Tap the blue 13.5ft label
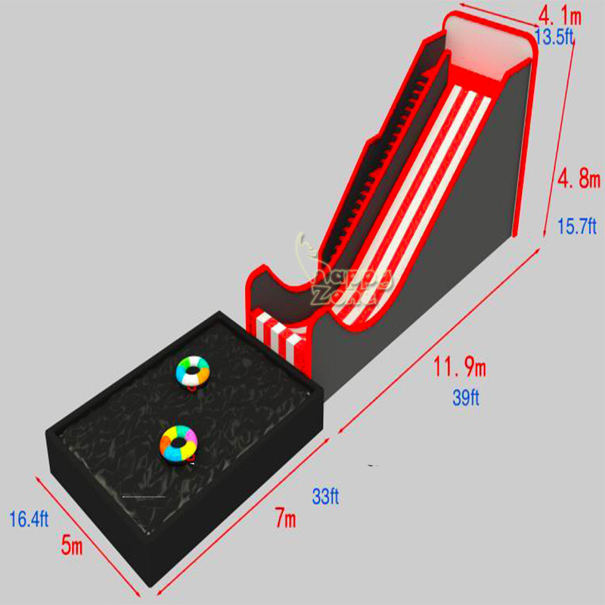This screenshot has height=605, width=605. click(554, 36)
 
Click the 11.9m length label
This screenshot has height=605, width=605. click(460, 368)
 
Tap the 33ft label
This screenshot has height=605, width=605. click(325, 497)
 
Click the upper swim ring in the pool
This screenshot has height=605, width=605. click(194, 371)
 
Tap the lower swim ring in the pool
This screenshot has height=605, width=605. click(179, 441)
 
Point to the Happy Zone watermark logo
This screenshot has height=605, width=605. click(337, 272)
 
